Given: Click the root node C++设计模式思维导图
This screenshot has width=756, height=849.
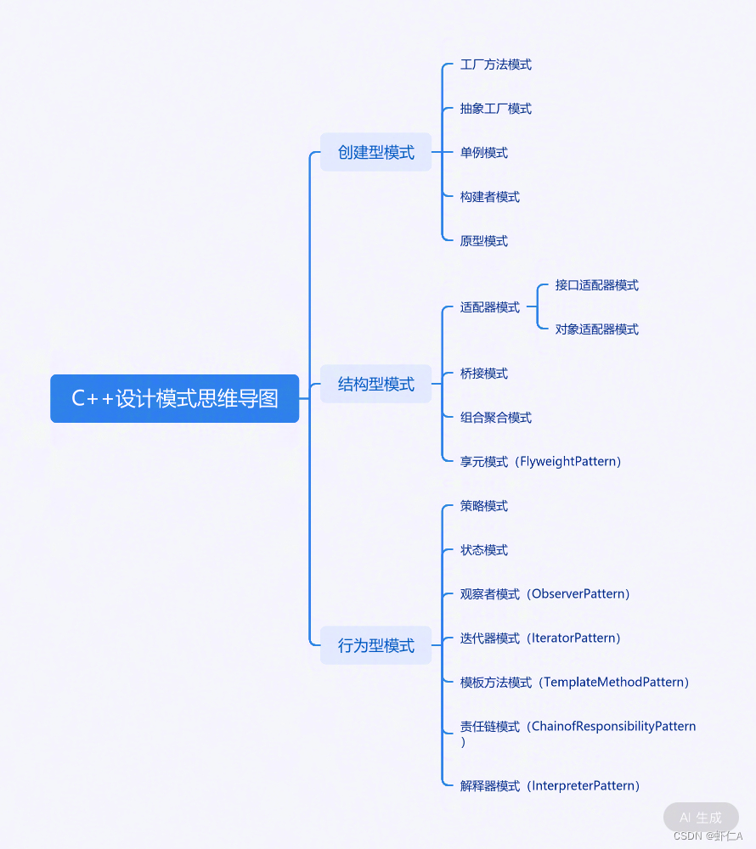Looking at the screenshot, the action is (x=174, y=398).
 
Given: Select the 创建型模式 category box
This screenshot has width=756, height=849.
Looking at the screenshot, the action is (x=375, y=153).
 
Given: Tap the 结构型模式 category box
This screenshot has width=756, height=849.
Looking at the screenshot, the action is (x=375, y=385).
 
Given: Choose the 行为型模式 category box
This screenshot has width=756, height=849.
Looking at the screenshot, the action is (x=375, y=646).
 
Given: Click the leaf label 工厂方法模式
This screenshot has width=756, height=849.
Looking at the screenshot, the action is (x=495, y=65).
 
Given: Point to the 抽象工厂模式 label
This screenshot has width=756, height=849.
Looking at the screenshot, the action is (x=495, y=109).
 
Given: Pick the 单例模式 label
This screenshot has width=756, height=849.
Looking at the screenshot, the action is (x=483, y=153).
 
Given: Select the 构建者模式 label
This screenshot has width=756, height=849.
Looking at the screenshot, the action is (x=489, y=197).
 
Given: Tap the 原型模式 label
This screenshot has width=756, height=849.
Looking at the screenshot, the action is (x=483, y=241).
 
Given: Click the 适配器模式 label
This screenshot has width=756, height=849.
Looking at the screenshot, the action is (x=489, y=307).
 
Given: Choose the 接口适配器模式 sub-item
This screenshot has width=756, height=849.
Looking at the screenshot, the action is (x=596, y=285).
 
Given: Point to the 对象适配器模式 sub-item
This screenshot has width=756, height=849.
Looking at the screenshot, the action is (x=596, y=329).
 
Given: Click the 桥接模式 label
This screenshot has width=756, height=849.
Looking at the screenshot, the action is (x=483, y=374).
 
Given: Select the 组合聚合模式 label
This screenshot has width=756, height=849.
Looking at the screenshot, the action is (x=495, y=418).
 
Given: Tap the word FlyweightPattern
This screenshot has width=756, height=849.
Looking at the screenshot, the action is (x=571, y=462).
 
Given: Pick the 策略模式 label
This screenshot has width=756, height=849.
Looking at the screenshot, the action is (x=483, y=506).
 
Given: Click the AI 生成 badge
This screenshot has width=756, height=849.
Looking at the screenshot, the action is (x=700, y=818).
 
